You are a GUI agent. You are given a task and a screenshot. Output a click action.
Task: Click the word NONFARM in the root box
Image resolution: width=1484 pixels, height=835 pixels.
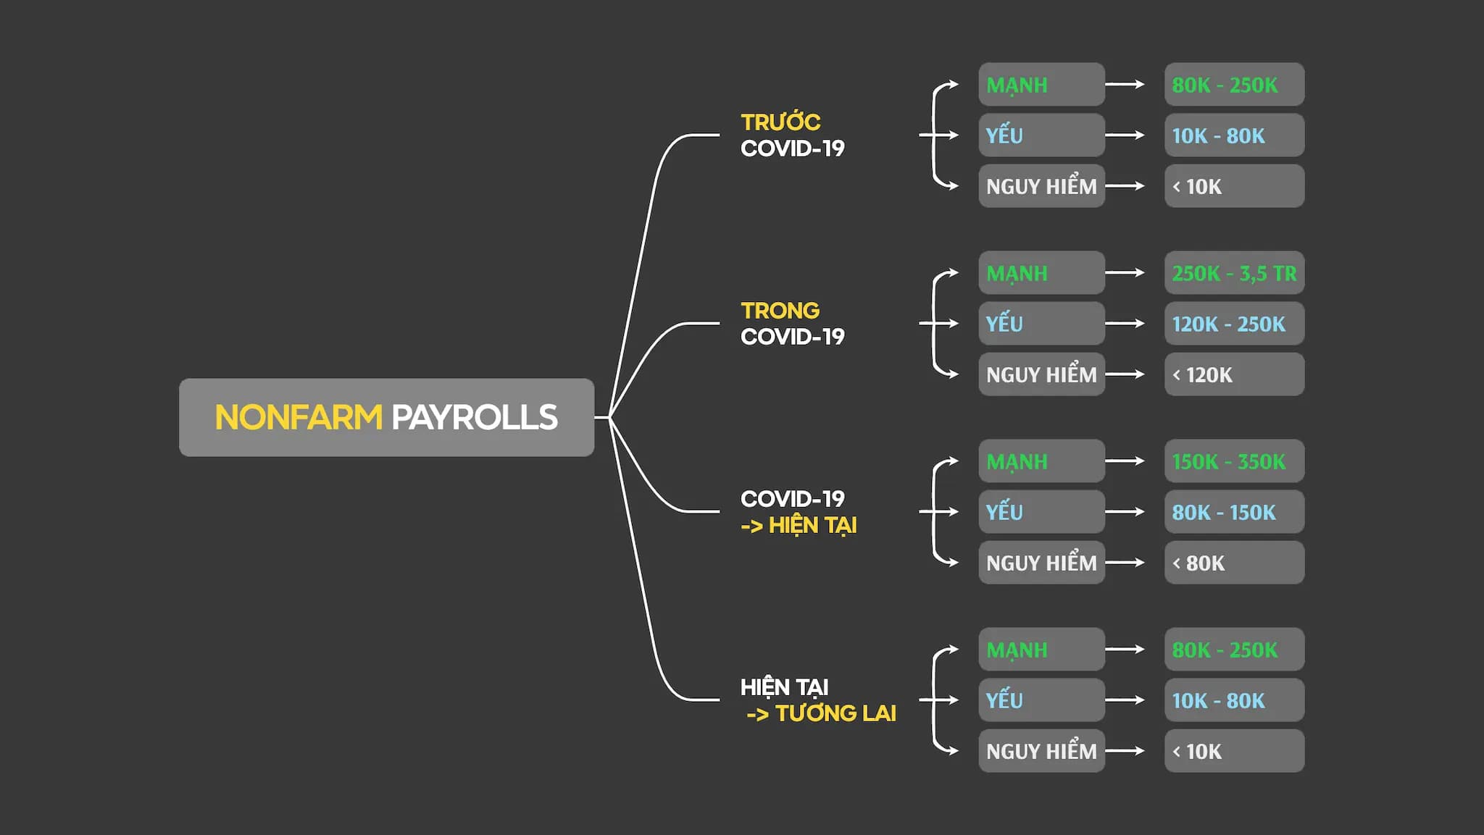298,417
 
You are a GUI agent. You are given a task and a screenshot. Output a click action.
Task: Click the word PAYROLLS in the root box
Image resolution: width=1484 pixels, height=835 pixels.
475,417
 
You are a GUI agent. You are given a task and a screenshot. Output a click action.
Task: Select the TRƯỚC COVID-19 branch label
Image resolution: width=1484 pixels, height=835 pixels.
792,135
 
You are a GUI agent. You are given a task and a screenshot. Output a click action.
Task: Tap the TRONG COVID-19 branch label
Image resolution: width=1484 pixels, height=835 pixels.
792,323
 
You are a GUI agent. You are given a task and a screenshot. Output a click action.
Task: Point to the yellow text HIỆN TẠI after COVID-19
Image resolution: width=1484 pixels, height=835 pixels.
812,525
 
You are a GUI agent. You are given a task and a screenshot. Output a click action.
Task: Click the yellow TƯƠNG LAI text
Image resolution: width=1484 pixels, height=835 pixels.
835,713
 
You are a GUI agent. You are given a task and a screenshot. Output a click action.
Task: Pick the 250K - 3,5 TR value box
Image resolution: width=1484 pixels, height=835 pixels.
1234,273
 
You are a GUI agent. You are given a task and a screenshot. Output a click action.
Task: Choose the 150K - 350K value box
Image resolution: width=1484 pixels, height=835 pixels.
1234,461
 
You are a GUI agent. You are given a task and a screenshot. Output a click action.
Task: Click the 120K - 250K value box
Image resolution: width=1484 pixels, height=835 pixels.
1234,324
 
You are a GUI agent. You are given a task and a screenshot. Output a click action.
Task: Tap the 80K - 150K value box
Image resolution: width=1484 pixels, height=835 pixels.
1234,512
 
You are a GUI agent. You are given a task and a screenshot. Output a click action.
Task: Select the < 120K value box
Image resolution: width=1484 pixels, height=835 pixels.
1234,374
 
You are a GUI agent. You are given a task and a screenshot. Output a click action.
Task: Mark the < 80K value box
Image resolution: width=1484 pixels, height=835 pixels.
1234,563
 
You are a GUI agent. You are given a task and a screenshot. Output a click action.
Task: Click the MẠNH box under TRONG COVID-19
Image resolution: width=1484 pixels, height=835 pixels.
1041,273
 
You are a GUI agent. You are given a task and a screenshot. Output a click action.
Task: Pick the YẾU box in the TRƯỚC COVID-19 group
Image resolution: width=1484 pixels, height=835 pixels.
1041,135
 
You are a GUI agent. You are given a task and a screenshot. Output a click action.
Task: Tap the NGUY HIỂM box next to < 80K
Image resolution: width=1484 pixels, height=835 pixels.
1041,563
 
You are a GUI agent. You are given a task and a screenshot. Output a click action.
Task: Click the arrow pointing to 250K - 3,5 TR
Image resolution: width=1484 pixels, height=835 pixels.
1125,273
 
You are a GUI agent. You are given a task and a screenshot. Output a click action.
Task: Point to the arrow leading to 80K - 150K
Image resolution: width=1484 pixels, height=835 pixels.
1125,512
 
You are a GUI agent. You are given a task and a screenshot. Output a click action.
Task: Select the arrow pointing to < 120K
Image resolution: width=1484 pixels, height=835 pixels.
1125,374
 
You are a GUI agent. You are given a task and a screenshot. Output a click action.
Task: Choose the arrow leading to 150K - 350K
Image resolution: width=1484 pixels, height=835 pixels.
1125,461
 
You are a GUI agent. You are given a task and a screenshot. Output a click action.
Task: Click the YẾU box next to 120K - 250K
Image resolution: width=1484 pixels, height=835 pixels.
1041,324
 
